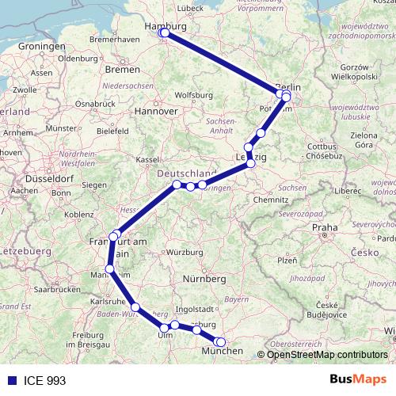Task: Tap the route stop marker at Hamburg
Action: (x=163, y=32)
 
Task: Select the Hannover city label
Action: (x=159, y=111)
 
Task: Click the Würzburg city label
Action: (x=184, y=253)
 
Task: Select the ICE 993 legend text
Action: (x=44, y=380)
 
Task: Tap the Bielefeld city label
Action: (x=112, y=131)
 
